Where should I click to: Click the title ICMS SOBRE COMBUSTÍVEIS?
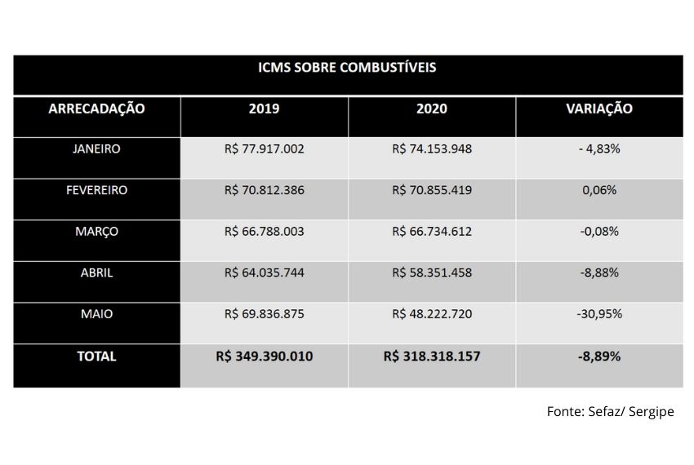click(347, 67)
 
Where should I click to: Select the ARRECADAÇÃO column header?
click(96, 108)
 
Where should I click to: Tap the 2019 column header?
click(264, 108)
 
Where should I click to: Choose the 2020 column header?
click(432, 108)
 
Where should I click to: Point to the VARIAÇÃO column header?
click(599, 108)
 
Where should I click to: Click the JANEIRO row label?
click(96, 148)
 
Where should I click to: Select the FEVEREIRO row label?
click(96, 190)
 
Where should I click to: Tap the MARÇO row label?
click(96, 232)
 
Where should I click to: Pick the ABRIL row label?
click(96, 273)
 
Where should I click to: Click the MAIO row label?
click(96, 314)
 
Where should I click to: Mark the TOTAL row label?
click(96, 356)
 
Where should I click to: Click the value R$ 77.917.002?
click(265, 149)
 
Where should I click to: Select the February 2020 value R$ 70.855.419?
click(432, 190)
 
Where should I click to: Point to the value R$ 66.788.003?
click(265, 232)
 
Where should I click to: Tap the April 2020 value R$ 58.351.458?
click(432, 273)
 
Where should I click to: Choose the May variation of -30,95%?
click(599, 314)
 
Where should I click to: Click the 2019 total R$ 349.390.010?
click(265, 356)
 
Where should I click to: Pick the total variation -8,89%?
click(599, 356)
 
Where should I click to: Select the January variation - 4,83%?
click(599, 149)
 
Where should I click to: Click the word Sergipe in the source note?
click(651, 412)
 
